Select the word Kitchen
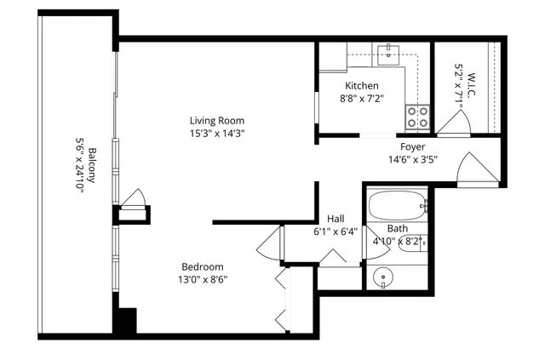362,86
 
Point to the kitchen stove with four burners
417,117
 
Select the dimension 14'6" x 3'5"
413,159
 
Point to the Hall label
336,218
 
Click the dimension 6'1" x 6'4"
336,231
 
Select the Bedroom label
202,266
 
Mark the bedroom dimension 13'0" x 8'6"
202,278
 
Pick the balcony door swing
134,198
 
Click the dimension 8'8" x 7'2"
362,98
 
